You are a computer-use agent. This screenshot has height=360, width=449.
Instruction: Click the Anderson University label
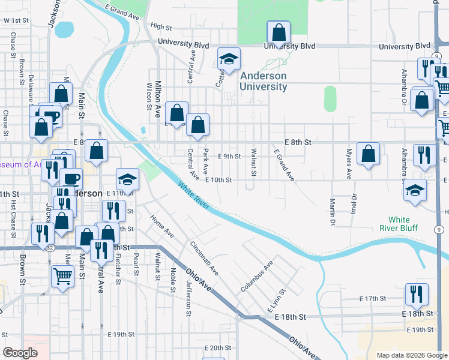pos(264,81)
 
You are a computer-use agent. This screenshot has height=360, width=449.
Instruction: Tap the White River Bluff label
pos(399,224)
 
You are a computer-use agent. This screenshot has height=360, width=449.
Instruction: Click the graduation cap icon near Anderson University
pos(228,58)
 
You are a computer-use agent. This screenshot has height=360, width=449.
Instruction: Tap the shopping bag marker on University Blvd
pos(279,31)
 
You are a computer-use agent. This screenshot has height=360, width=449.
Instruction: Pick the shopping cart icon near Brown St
pos(62,277)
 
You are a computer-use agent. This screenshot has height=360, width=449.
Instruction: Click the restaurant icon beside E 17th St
pos(417,294)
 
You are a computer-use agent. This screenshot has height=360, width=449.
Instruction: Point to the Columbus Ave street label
pos(258,274)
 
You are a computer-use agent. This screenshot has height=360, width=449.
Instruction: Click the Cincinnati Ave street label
pos(204,258)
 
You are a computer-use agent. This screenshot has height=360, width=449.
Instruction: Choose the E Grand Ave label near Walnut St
pos(285,166)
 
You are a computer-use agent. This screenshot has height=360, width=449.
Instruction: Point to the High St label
pos(161,26)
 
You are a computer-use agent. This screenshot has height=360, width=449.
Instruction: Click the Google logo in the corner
pos(20,353)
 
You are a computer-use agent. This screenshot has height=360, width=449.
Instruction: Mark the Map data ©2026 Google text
pos(412,355)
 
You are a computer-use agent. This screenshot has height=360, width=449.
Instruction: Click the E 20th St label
pos(217,347)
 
